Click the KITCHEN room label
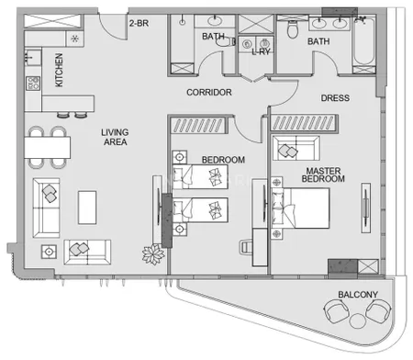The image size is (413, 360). pyautogui.click(x=59, y=70)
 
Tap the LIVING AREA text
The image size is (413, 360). pyautogui.click(x=115, y=137)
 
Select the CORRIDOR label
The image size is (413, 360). pyautogui.click(x=209, y=92)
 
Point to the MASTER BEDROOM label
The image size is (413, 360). pyautogui.click(x=323, y=174)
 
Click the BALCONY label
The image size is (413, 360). pyautogui.click(x=358, y=295)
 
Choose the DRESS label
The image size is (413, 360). pyautogui.click(x=335, y=98)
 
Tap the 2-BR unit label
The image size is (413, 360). pyautogui.click(x=139, y=23)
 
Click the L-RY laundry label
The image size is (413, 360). pyautogui.click(x=261, y=51)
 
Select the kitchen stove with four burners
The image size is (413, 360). pyautogui.click(x=33, y=83)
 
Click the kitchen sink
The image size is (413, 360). pyautogui.click(x=33, y=57)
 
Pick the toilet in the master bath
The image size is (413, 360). pyautogui.click(x=293, y=29)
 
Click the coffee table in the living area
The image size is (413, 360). pyautogui.click(x=87, y=208)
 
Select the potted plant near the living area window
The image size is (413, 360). pyautogui.click(x=153, y=254)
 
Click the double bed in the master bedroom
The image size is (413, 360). pyautogui.click(x=300, y=208)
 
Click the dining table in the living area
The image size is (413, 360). pyautogui.click(x=48, y=147)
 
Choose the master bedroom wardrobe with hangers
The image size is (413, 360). pyautogui.click(x=305, y=123)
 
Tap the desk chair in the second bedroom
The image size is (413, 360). pyautogui.click(x=246, y=247)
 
